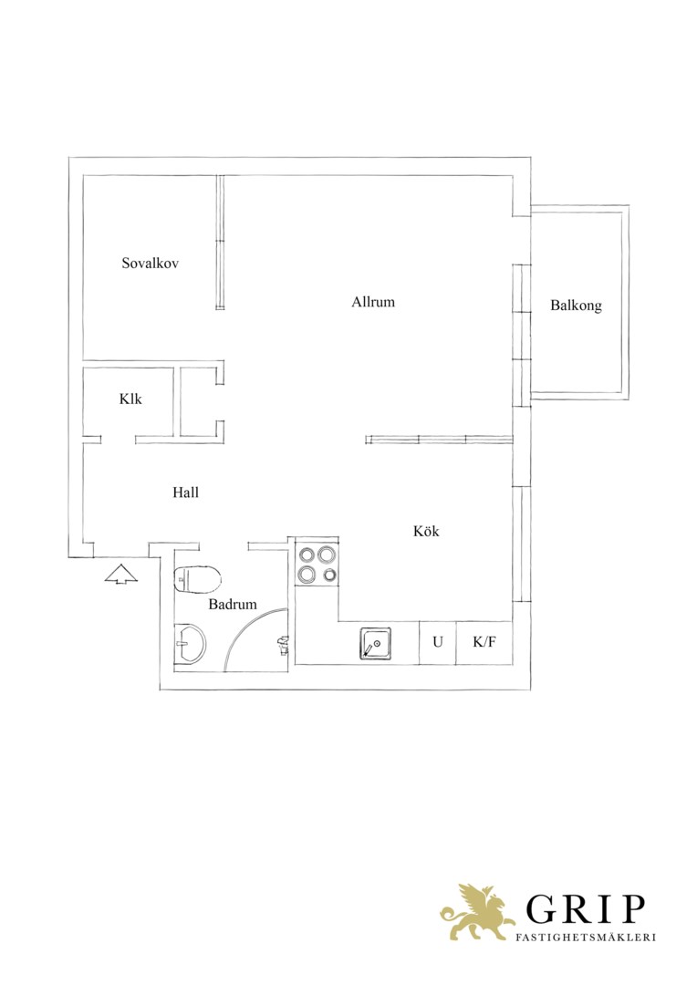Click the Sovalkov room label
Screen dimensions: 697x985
pyautogui.click(x=151, y=263)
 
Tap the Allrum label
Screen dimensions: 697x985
pyautogui.click(x=373, y=302)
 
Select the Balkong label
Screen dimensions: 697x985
pyautogui.click(x=576, y=306)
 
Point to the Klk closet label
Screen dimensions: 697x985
pyautogui.click(x=130, y=399)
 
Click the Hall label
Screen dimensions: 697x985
pyautogui.click(x=185, y=492)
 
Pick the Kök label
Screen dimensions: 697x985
pyautogui.click(x=426, y=531)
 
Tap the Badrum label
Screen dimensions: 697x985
pyautogui.click(x=233, y=605)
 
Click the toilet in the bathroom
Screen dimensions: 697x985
pyautogui.click(x=197, y=578)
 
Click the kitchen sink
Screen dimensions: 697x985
pyautogui.click(x=376, y=644)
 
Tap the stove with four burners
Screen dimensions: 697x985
pyautogui.click(x=317, y=565)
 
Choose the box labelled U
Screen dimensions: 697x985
pyautogui.click(x=437, y=642)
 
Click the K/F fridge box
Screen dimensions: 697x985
pyautogui.click(x=484, y=642)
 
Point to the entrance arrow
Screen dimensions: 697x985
pyautogui.click(x=120, y=575)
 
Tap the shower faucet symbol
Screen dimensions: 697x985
pyautogui.click(x=283, y=645)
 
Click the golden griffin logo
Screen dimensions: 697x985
pyautogui.click(x=478, y=911)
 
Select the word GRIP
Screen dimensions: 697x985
pyautogui.click(x=585, y=909)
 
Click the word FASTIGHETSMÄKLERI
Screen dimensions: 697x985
pyautogui.click(x=585, y=937)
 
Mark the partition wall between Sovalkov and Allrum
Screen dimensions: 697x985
pyautogui.click(x=220, y=243)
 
